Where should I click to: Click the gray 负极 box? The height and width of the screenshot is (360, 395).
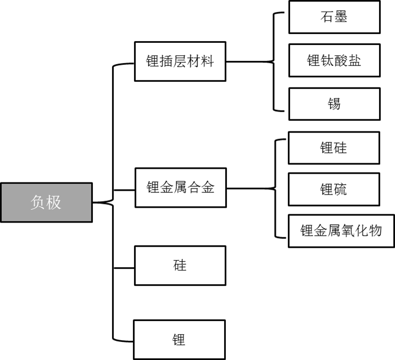[46, 202]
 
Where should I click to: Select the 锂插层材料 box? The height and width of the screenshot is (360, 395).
[180, 61]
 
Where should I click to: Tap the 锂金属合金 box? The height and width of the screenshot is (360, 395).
[180, 187]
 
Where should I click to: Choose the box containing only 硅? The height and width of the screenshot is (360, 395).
[180, 265]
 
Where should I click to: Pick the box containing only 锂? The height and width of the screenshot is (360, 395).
[179, 340]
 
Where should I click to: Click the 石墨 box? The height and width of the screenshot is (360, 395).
[334, 16]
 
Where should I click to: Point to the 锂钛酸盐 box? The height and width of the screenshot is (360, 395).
[334, 60]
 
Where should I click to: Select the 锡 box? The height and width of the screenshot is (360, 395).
[334, 103]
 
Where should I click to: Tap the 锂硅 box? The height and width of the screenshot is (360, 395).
[334, 147]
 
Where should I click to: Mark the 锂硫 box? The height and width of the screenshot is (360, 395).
[334, 190]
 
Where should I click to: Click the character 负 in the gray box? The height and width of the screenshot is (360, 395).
[37, 202]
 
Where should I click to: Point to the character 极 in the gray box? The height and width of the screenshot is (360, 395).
[54, 202]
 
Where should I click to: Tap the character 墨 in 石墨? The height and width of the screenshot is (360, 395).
[341, 16]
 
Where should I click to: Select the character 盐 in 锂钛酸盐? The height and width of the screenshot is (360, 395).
[354, 60]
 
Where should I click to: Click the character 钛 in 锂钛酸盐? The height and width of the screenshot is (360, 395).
[327, 60]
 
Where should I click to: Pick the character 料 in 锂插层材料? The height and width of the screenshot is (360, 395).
[207, 61]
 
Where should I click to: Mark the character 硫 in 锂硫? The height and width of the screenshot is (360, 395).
[341, 190]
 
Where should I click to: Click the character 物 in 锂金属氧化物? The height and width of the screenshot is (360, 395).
[375, 231]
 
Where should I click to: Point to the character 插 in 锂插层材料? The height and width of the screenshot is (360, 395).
[166, 61]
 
